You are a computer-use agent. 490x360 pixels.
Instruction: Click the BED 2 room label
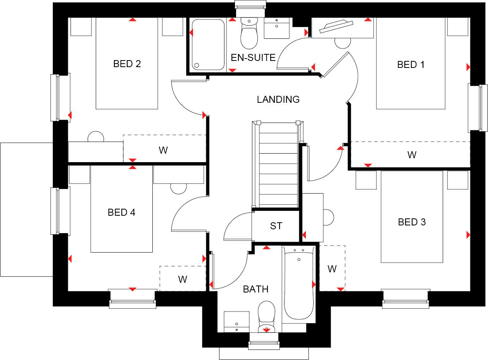pyautogui.click(x=127, y=64)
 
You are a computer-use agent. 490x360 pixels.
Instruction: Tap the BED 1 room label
pyautogui.click(x=411, y=64)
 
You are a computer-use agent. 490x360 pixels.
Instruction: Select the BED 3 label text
pyautogui.click(x=412, y=222)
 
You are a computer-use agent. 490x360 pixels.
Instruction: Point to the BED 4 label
pyautogui.click(x=121, y=212)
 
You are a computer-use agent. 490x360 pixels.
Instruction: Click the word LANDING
pyautogui.click(x=278, y=99)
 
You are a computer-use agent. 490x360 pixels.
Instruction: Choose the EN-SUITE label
pyautogui.click(x=253, y=58)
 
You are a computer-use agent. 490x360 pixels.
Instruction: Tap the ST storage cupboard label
pyautogui.click(x=276, y=225)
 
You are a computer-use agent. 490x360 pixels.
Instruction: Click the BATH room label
pyautogui.click(x=255, y=289)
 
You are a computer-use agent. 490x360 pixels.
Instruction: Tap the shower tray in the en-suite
pyautogui.click(x=208, y=44)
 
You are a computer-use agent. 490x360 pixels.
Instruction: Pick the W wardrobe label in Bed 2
pyautogui.click(x=163, y=150)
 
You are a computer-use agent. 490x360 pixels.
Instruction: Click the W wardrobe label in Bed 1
pyautogui.click(x=412, y=155)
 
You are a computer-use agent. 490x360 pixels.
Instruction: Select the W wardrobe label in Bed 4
pyautogui.click(x=183, y=279)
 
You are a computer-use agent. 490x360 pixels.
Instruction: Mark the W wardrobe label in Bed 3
pyautogui.click(x=332, y=269)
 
